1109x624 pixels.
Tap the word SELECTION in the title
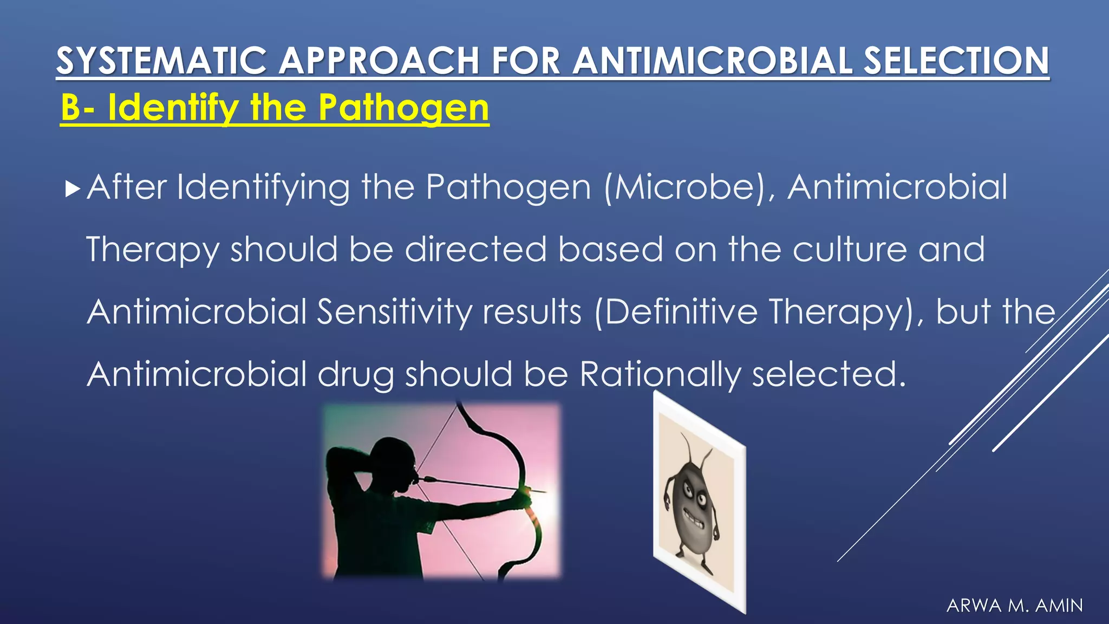pyautogui.click(x=956, y=61)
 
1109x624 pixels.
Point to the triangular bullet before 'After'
pyautogui.click(x=72, y=189)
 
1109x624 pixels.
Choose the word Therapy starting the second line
pyautogui.click(x=152, y=250)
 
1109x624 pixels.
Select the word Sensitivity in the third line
pyautogui.click(x=394, y=313)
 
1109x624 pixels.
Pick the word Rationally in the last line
pyautogui.click(x=660, y=375)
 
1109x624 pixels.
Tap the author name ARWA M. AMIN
pyautogui.click(x=1014, y=605)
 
